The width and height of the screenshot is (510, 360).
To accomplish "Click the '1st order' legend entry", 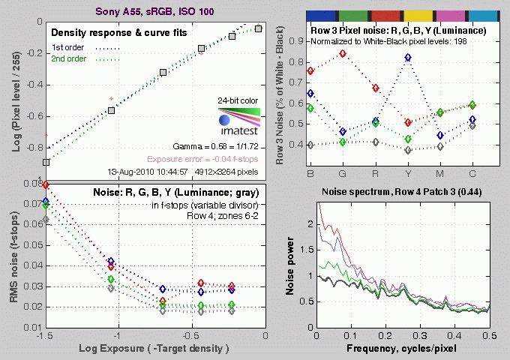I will click(67, 48).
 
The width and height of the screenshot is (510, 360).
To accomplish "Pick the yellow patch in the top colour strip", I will click(418, 15).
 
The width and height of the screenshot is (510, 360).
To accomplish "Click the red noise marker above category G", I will click(343, 54).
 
